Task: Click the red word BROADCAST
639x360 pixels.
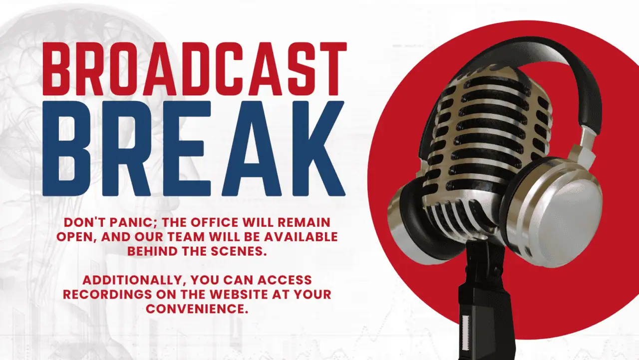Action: [195, 69]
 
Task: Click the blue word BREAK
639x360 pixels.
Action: [194, 148]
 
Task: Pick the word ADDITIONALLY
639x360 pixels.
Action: [134, 280]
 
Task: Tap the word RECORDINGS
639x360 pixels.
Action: [107, 295]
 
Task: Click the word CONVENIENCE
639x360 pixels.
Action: [197, 309]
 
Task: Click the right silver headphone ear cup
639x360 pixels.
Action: [552, 213]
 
